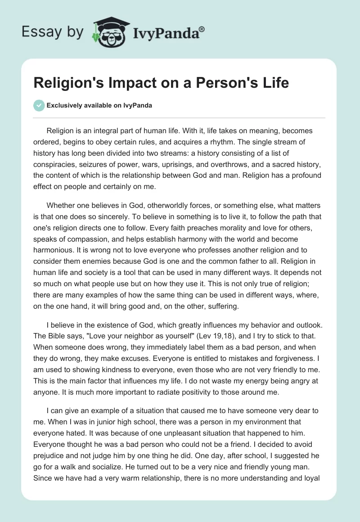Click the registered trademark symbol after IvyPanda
[x=202, y=29]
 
